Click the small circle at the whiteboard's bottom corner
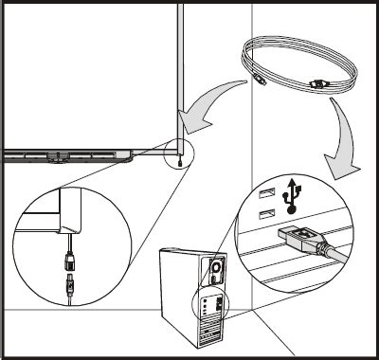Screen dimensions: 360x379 178,152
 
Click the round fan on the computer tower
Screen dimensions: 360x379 216,270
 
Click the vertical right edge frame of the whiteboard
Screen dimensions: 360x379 177,66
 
